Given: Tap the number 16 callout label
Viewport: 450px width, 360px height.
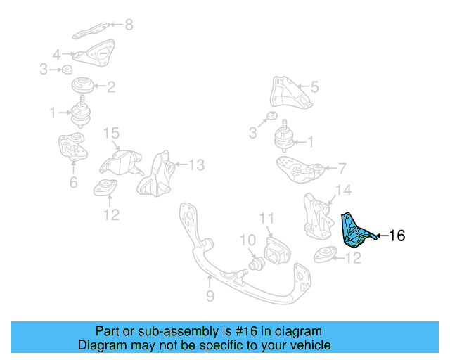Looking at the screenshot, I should [x=397, y=236].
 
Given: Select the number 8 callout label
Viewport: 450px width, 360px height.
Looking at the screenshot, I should [x=128, y=26].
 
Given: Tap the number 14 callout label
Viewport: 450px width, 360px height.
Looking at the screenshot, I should [x=342, y=190].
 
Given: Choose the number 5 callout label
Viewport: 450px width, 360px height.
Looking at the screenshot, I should [x=314, y=87].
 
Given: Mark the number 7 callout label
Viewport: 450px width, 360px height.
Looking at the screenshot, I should [x=342, y=169].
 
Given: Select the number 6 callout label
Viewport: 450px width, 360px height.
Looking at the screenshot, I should [x=73, y=184].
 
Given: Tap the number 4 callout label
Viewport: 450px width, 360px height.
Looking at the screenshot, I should [x=56, y=53].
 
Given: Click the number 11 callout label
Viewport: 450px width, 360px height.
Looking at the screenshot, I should [x=266, y=218].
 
